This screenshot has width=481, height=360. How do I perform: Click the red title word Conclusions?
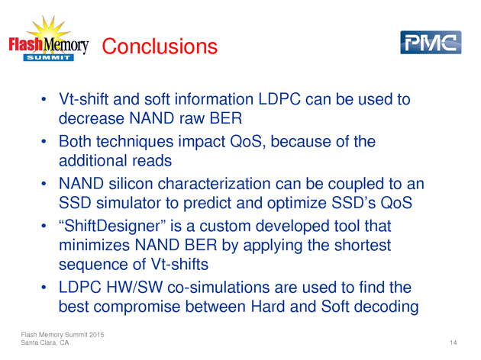pos(160,47)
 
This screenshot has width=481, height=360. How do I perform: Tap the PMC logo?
pos(431,42)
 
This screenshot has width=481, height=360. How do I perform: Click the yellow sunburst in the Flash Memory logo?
pos(49,30)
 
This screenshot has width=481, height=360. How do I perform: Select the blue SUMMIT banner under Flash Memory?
pos(48,58)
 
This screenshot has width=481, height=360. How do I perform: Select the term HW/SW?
pos(134,288)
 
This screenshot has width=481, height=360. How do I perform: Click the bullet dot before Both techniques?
pos(44,142)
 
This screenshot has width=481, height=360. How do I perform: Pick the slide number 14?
pos(453,342)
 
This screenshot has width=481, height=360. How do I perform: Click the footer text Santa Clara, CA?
pos(45,342)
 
